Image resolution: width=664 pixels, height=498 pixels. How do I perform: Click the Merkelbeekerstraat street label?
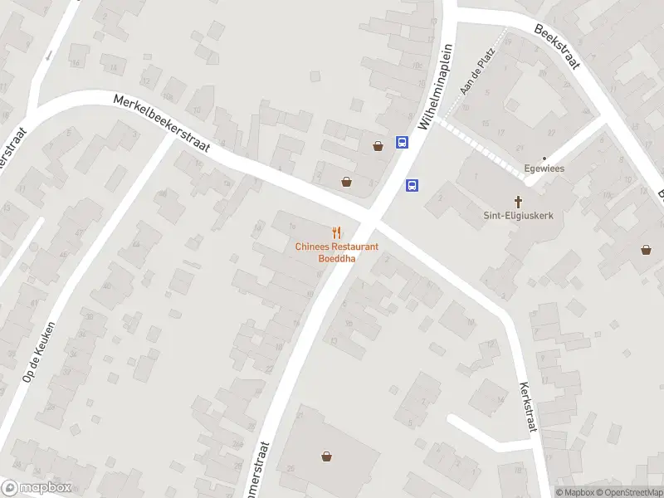pyautogui.click(x=163, y=124)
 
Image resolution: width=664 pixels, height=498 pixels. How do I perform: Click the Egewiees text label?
pyautogui.click(x=544, y=170)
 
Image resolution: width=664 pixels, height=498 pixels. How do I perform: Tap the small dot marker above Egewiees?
pyautogui.click(x=544, y=159)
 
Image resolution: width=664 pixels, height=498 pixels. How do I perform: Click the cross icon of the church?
pyautogui.click(x=520, y=200)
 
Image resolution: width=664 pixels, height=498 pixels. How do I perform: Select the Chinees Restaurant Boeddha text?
pyautogui.click(x=336, y=252)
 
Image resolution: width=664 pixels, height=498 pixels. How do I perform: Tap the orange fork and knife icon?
pyautogui.click(x=336, y=233)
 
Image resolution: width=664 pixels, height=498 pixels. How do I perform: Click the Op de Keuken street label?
pyautogui.click(x=39, y=351)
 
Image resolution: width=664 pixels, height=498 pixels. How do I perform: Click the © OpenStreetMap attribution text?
pyautogui.click(x=628, y=492)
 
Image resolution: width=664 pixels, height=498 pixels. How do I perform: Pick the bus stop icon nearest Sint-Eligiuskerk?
pyautogui.click(x=412, y=185)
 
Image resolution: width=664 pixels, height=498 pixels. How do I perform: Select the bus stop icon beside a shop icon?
pyautogui.click(x=402, y=143)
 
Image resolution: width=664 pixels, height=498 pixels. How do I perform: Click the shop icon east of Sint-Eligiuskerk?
pyautogui.click(x=646, y=248)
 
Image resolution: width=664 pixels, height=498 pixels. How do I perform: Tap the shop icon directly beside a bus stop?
pyautogui.click(x=378, y=146)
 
